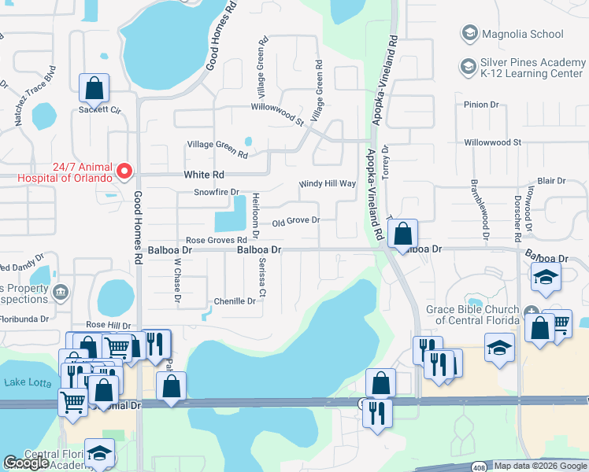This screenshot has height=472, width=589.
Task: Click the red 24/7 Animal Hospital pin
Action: tap(124, 171)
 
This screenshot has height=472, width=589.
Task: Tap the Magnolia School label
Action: tap(524, 34)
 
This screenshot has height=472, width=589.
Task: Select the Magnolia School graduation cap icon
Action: tap(469, 33)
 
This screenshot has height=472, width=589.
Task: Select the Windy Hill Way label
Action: tap(327, 184)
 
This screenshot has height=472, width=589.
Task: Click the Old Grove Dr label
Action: tap(295, 221)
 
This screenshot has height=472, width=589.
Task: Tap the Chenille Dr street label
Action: tap(235, 301)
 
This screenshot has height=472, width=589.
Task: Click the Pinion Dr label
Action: tap(482, 104)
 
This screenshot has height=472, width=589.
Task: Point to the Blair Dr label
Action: tap(550, 181)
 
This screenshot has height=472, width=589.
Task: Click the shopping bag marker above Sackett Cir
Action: tap(94, 88)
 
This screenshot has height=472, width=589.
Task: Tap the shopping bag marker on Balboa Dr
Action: tap(402, 234)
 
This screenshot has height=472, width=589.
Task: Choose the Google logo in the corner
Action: tap(26, 463)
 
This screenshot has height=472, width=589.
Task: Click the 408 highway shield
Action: tap(479, 468)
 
